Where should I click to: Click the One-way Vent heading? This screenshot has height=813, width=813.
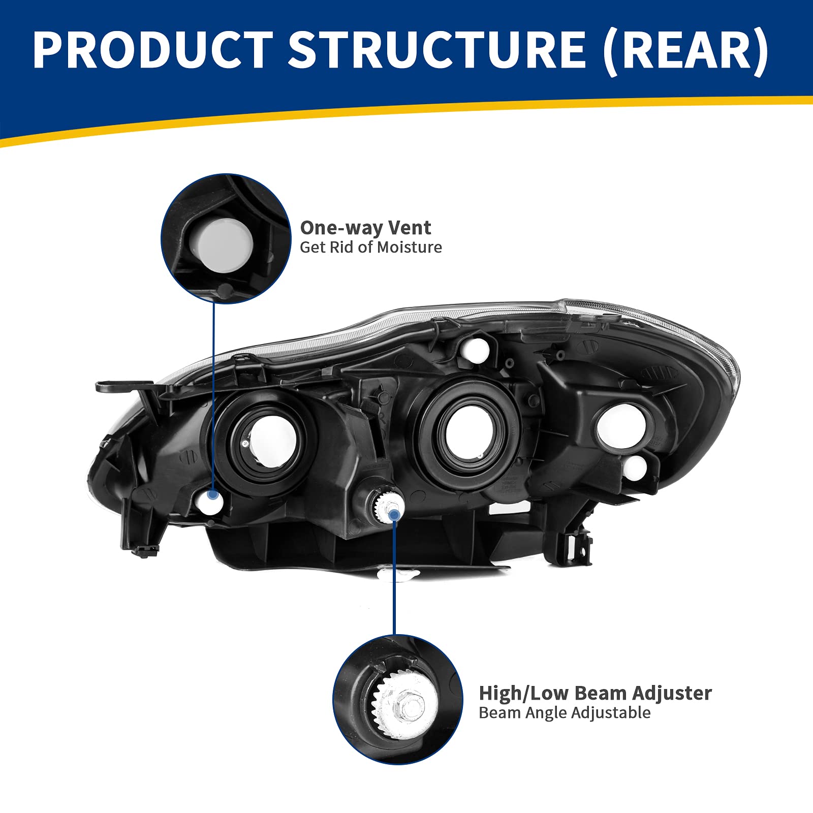(x=365, y=228)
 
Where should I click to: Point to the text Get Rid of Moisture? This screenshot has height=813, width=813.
(x=370, y=247)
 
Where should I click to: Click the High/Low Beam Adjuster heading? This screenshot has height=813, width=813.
(x=595, y=693)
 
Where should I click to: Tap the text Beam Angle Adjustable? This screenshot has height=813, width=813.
(x=564, y=713)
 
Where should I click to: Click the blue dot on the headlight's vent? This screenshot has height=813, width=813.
(x=212, y=494)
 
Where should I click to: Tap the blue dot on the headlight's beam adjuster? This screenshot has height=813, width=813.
(x=393, y=515)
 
